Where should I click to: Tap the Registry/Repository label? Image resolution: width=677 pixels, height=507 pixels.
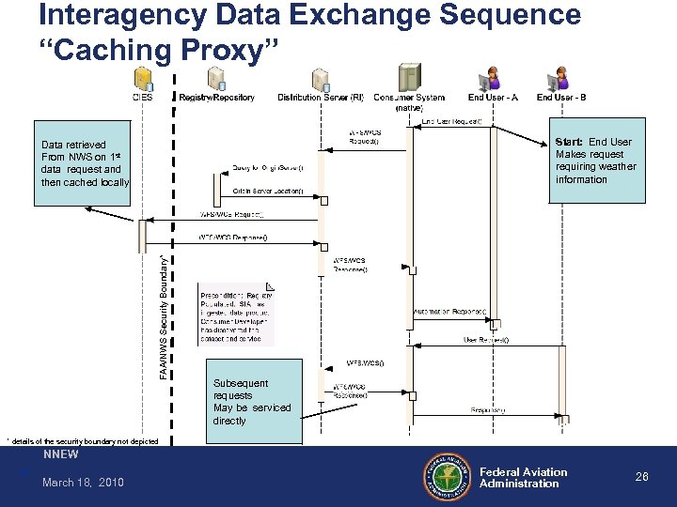216,98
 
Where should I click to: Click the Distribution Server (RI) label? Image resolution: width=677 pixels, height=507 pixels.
321,98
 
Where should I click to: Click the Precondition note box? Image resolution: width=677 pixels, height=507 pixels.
235,312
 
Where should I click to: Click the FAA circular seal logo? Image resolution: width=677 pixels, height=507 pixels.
448,478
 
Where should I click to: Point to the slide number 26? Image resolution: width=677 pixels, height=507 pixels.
642,478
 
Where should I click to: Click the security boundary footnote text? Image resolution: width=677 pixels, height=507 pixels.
76,440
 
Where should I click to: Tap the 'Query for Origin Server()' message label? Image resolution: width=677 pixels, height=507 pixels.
268,167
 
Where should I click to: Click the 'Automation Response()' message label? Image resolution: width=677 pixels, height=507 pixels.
449,311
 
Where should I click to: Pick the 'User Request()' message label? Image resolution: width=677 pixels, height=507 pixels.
486,340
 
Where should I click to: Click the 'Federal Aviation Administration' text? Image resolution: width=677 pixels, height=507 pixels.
524,478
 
